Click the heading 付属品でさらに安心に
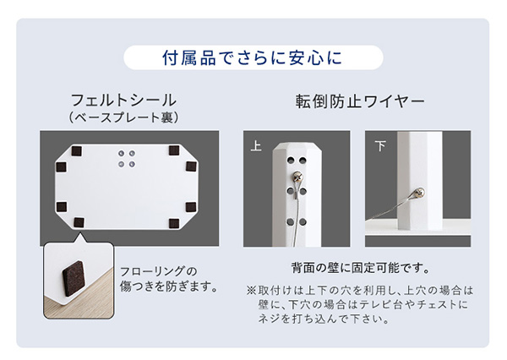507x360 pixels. [x=253, y=58]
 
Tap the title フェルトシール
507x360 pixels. [x=123, y=101]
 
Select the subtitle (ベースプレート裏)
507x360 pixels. [x=123, y=117]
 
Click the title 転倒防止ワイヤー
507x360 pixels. [x=360, y=101]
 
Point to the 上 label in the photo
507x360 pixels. [x=256, y=145]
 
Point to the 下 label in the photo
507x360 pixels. [x=380, y=146]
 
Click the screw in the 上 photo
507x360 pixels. [x=297, y=177]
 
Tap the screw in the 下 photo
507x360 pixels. [x=420, y=194]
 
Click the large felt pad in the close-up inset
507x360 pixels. [x=74, y=279]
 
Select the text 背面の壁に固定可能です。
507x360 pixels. [x=361, y=268]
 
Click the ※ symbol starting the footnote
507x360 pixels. [x=251, y=291]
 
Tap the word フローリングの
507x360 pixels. [x=159, y=271]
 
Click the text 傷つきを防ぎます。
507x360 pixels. [x=169, y=286]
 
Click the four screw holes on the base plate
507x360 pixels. [x=127, y=159]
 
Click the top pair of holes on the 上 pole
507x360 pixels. [x=297, y=160]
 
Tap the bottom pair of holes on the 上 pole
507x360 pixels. [x=297, y=222]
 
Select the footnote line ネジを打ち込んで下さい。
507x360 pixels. [x=324, y=319]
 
